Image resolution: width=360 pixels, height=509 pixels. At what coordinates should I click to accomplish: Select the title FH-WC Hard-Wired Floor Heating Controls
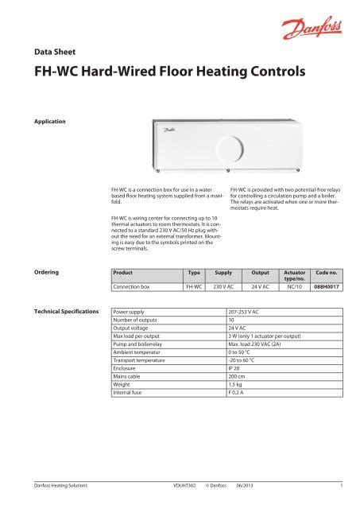tap(163, 72)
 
